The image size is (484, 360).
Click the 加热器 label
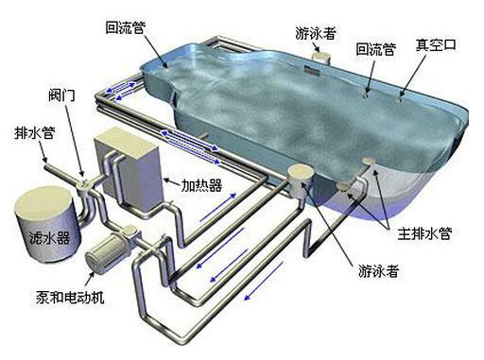[x=201, y=185]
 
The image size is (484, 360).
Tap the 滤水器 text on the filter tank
[x=49, y=238]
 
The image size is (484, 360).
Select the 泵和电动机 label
[x=70, y=297]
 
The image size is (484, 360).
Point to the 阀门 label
[x=61, y=94]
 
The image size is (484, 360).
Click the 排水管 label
[x=35, y=132]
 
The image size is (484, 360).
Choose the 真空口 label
[x=436, y=44]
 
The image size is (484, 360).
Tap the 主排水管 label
[x=424, y=233]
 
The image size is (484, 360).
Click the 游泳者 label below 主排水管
[x=378, y=270]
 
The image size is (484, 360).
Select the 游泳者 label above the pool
[x=316, y=33]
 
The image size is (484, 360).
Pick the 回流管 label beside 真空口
[x=375, y=49]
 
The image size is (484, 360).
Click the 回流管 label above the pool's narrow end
[x=125, y=27]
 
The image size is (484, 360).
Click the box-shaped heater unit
[x=130, y=168]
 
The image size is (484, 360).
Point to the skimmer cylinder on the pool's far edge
[x=320, y=58]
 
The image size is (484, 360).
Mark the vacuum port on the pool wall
[x=400, y=100]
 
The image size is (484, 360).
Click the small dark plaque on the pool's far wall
[x=312, y=71]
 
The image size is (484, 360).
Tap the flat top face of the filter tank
[x=43, y=203]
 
